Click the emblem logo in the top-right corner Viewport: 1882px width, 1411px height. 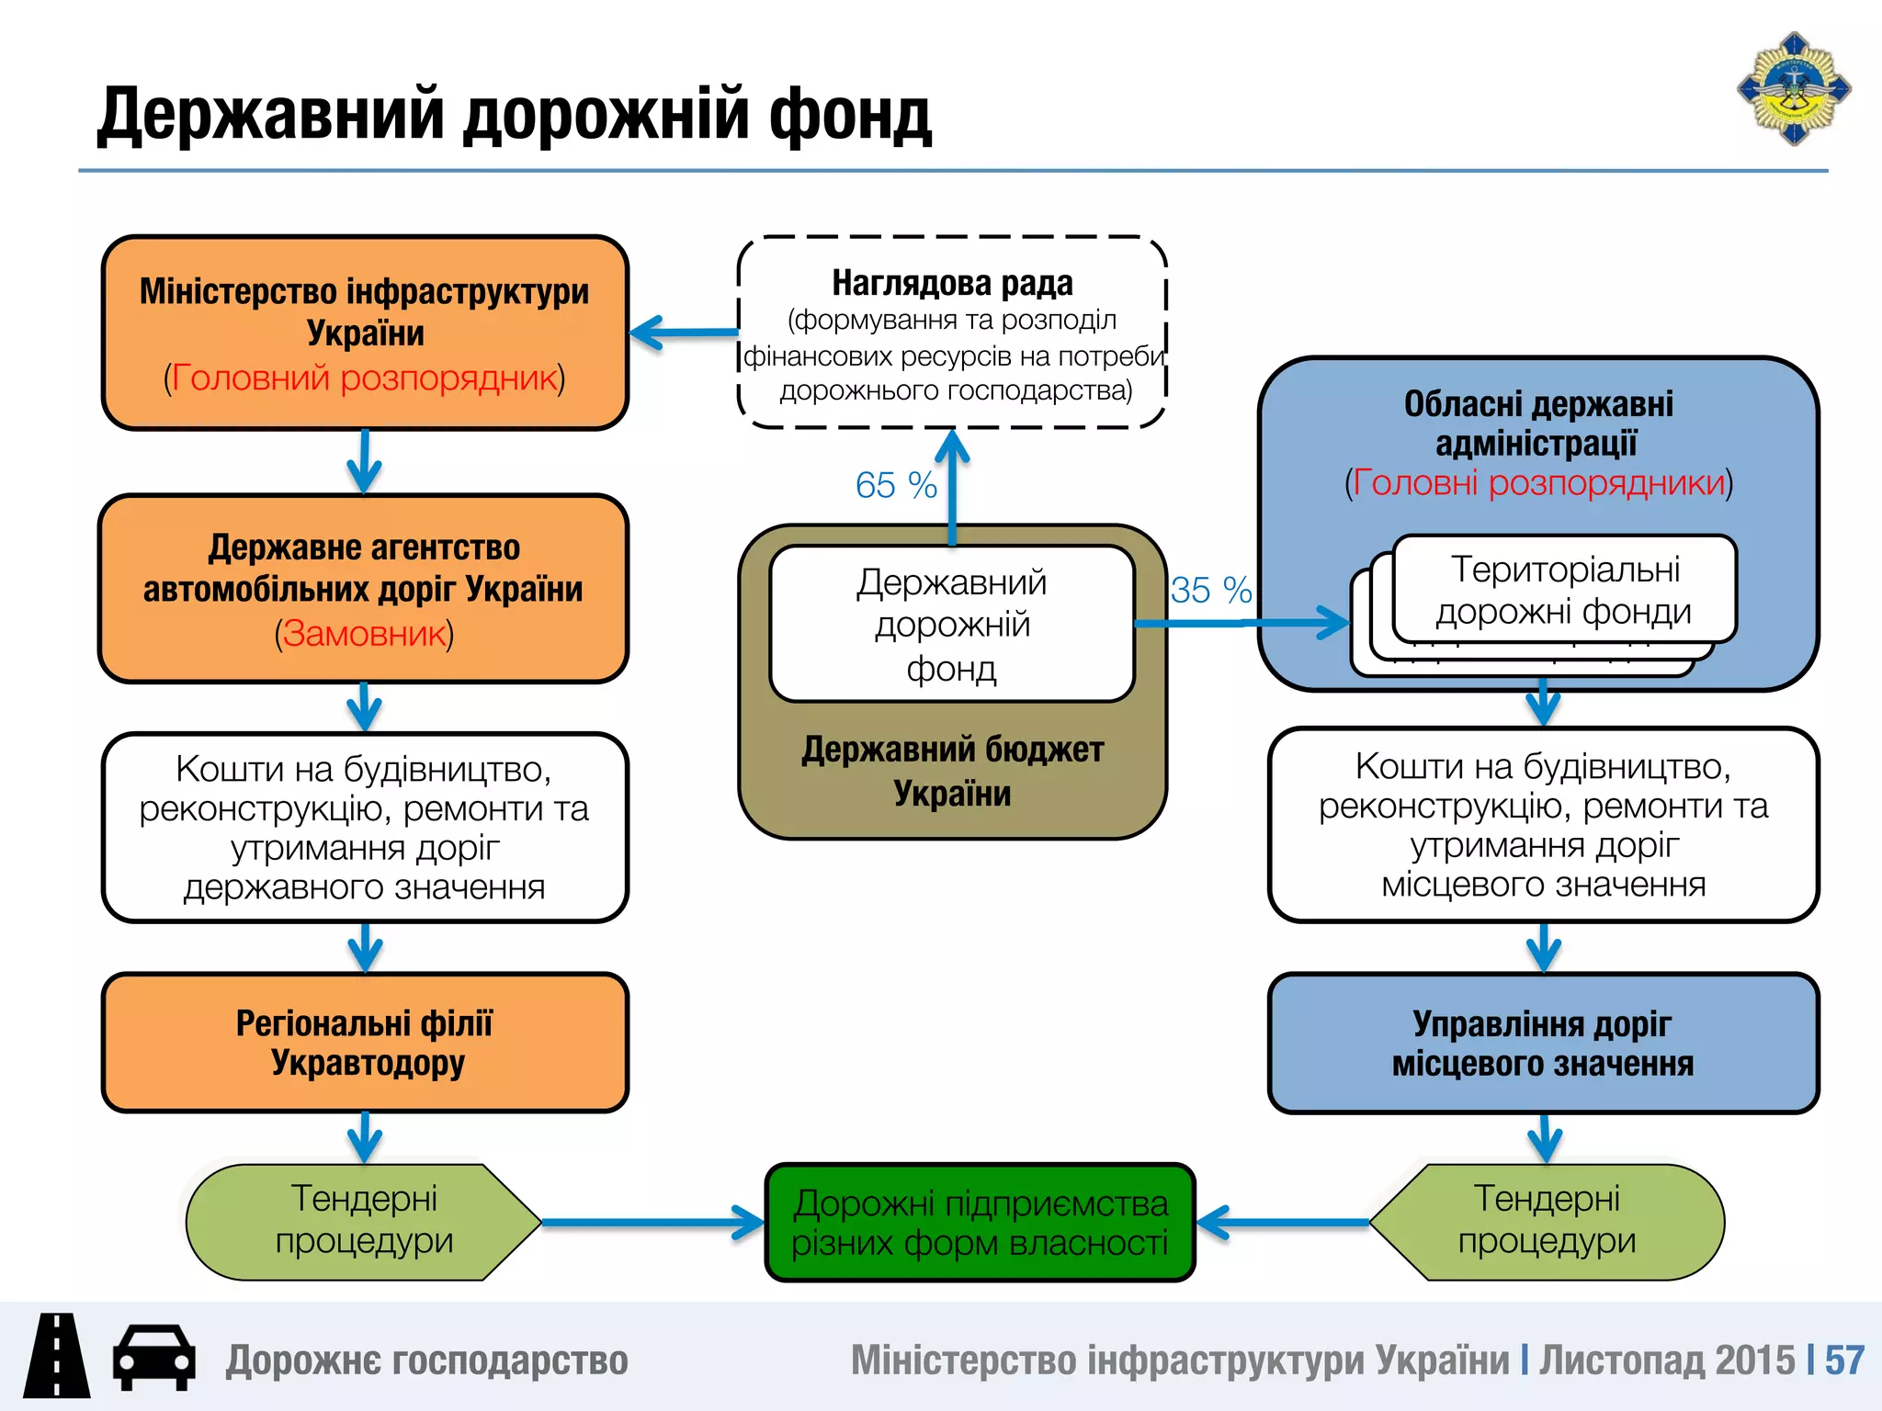1793,89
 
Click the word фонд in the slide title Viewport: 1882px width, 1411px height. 849,115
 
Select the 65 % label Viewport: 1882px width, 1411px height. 895,485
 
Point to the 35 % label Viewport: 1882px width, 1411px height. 1210,590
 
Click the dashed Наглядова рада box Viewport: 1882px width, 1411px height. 952,333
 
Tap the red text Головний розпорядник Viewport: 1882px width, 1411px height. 365,378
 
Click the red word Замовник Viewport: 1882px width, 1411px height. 364,634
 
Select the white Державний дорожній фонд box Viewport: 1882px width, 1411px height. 952,625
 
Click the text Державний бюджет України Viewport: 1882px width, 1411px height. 952,772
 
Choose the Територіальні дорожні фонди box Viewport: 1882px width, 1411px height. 1564,590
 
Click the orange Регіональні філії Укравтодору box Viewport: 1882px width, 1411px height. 365,1043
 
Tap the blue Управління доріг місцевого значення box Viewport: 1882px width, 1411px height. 1543,1044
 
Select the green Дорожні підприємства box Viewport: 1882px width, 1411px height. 980,1223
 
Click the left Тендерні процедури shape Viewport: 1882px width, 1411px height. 364,1221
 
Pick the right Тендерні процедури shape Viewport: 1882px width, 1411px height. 1548,1221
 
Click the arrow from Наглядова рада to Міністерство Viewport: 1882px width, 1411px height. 685,333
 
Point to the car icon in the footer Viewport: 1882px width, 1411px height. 153,1358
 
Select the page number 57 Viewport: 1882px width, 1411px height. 1843,1360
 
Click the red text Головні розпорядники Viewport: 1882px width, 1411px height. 1539,483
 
